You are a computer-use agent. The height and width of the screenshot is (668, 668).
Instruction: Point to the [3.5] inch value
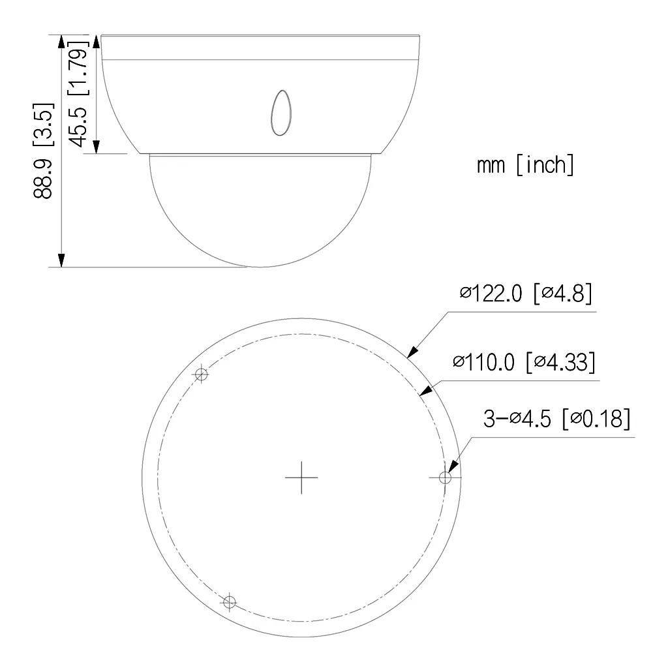pos(44,124)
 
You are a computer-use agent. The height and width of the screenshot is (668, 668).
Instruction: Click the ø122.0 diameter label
pos(490,294)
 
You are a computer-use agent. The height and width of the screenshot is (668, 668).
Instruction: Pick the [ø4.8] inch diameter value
pos(562,294)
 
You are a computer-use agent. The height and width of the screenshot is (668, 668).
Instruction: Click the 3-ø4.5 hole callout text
pos(519,419)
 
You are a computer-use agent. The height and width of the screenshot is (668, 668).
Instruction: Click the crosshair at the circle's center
pos(301,478)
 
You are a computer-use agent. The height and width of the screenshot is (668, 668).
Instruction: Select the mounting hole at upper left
pos(202,374)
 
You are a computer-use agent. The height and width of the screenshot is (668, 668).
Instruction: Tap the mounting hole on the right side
pos(446,478)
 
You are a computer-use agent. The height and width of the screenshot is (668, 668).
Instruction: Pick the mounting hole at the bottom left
pos(228,601)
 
